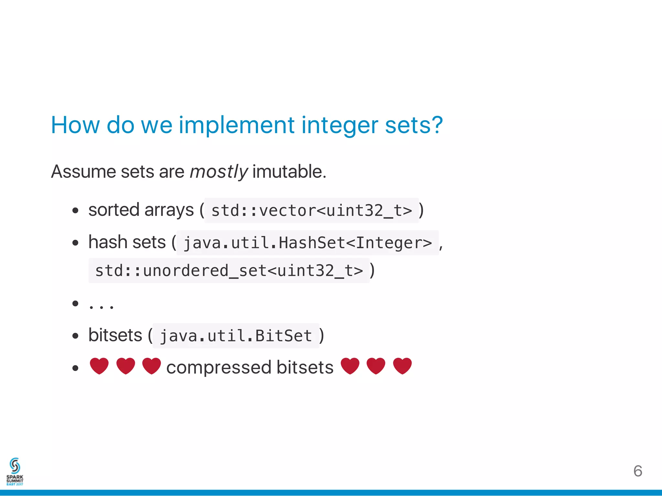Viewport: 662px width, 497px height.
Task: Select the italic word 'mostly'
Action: tap(219, 172)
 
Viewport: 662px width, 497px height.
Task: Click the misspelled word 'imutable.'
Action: tap(289, 172)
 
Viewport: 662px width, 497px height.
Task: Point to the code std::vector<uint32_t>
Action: tap(312, 211)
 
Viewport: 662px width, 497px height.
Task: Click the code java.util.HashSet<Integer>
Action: tap(307, 243)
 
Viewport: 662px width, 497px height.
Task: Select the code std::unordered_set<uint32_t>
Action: tap(229, 271)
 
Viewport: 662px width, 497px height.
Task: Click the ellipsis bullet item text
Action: tap(101, 305)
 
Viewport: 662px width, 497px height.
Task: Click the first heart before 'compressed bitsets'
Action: tap(99, 366)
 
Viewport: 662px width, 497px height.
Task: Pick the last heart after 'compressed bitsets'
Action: tap(402, 366)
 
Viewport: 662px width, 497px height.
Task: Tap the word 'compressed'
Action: tap(219, 368)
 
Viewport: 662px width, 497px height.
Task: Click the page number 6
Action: tap(637, 471)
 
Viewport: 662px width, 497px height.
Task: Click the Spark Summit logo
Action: tap(15, 471)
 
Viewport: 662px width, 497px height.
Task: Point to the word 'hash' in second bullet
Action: tap(108, 242)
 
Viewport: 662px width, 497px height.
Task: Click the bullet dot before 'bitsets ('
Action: tap(75, 336)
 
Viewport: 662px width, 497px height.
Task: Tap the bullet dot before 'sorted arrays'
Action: tap(75, 211)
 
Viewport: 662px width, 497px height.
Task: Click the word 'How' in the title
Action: tap(75, 125)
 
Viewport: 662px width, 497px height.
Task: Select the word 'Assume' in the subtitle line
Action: tap(83, 172)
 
